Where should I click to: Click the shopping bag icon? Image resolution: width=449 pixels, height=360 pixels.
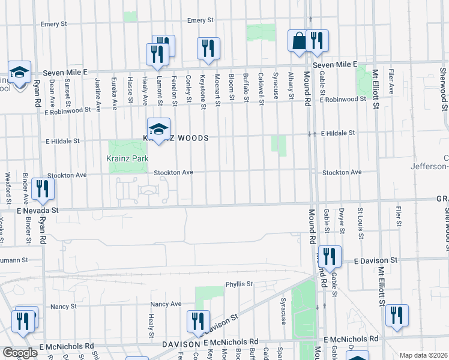(x=298, y=41)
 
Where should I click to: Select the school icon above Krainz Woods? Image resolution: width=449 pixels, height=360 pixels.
(x=159, y=129)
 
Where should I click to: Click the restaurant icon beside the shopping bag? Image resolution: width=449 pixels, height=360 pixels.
(x=317, y=41)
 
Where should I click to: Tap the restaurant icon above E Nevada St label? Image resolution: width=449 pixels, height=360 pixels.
(x=42, y=189)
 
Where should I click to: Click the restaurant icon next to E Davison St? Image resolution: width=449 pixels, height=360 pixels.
(x=330, y=257)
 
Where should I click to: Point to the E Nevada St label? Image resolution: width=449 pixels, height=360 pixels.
(x=37, y=211)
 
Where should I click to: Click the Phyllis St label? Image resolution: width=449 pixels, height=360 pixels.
(x=240, y=284)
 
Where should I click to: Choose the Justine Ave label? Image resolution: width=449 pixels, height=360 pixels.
(x=98, y=89)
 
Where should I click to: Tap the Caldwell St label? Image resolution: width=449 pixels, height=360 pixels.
(x=261, y=87)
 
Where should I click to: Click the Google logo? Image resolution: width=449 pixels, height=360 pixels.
(x=20, y=353)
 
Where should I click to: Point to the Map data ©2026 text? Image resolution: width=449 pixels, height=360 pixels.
(x=423, y=355)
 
